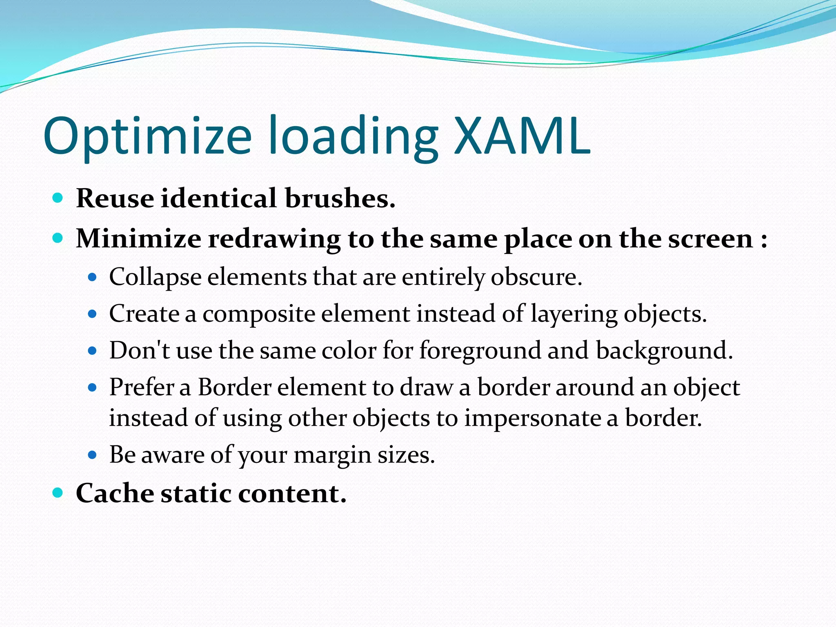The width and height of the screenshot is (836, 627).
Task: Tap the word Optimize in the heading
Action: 147,137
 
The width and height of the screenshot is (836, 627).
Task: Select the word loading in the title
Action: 353,137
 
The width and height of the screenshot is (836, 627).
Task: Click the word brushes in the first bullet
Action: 340,198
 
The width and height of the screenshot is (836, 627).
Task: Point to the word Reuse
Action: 115,198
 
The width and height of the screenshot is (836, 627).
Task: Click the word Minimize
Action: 138,238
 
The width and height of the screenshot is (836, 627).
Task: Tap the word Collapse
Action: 155,278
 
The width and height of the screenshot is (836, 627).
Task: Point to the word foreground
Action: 480,351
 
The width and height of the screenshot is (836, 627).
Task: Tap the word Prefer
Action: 141,387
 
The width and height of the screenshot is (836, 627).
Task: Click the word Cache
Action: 115,493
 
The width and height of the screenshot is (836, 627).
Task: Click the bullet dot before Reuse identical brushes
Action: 58,198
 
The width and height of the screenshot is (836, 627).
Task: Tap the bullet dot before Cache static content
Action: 58,493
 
